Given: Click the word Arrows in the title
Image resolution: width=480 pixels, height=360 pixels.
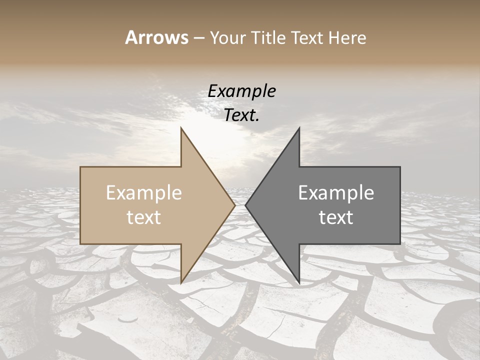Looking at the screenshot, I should (x=156, y=37).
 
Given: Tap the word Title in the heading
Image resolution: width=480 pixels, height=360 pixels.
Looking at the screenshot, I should (x=268, y=37).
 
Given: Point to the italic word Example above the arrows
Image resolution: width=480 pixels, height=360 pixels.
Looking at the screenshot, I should (x=241, y=91).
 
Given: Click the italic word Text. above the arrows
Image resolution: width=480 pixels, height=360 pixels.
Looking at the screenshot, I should (x=241, y=115).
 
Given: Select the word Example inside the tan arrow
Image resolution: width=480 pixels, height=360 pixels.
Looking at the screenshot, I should (x=144, y=193).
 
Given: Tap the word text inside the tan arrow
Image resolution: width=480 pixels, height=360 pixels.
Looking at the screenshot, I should (x=144, y=217).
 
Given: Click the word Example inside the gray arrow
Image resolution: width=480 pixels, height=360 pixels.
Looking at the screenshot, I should (x=336, y=193).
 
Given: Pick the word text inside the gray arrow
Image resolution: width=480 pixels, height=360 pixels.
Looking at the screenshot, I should (x=336, y=217).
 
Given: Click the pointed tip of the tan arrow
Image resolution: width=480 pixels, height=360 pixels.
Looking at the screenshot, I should (x=235, y=205).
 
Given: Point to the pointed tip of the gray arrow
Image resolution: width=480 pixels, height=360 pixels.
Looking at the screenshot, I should (x=245, y=205).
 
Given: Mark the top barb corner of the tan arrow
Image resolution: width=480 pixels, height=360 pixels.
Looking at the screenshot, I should (x=181, y=128).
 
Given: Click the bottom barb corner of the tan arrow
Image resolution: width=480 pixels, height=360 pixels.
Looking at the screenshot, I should (x=181, y=282).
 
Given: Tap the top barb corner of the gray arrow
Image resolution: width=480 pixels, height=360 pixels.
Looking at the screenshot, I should (x=299, y=128).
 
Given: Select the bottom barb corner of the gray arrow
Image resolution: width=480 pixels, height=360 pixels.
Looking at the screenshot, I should (x=299, y=282).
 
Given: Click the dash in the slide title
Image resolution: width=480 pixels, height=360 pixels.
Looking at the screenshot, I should (x=198, y=38).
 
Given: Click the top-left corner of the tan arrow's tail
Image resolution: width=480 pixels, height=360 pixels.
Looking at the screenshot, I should (x=80, y=167).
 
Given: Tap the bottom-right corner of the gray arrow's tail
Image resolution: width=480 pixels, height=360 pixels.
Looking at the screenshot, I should (x=400, y=243).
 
